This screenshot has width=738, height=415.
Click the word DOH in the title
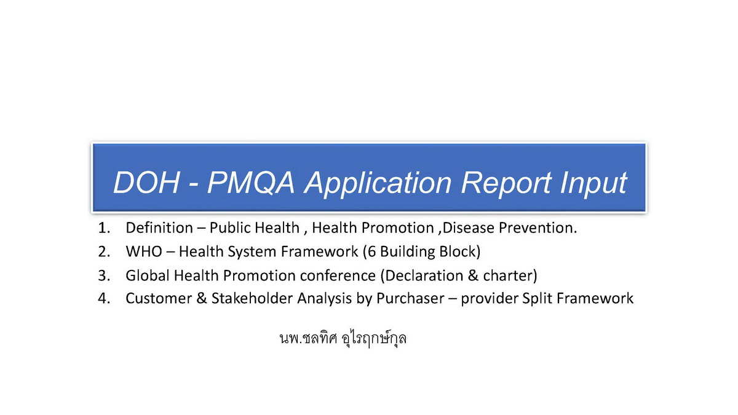[x=146, y=182]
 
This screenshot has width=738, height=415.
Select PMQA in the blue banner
[x=251, y=182]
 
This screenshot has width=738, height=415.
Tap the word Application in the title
[x=378, y=183]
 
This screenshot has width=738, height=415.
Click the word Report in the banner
[x=506, y=184]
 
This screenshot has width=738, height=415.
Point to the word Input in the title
[x=593, y=184]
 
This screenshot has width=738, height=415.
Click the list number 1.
[x=104, y=228]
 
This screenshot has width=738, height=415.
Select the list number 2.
[x=104, y=251]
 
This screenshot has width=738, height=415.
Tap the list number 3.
[x=104, y=275]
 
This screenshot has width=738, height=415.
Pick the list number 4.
[x=104, y=298]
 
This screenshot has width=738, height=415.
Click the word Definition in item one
[x=159, y=227]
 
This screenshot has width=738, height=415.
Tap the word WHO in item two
[x=144, y=251]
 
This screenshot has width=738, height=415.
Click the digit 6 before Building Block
[x=371, y=251]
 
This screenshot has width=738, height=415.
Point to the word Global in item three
[x=148, y=275]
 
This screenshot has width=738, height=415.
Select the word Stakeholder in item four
[x=252, y=298]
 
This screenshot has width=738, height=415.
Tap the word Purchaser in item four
[x=410, y=298]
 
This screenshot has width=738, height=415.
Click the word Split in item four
[x=537, y=299]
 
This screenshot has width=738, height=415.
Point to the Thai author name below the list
[x=343, y=338]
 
